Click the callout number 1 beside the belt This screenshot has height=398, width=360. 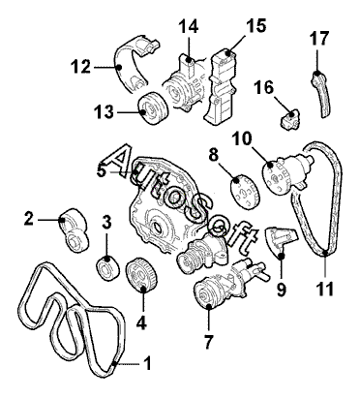coord(147,363)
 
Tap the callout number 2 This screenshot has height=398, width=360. coord(29,219)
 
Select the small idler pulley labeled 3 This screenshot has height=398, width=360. coord(107,268)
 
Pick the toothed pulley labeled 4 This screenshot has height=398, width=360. coord(141,274)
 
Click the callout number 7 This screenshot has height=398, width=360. coord(208,342)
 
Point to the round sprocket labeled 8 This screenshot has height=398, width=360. coord(243,193)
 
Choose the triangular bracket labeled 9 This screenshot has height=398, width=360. coord(280,241)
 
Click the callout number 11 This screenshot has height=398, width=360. coord(325,289)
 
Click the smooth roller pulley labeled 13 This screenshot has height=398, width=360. coord(153,108)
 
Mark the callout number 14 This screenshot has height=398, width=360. coord(189,26)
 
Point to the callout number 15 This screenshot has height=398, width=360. coord(256,26)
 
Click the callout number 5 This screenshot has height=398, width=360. coord(102,170)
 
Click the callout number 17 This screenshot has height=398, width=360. coord(319,39)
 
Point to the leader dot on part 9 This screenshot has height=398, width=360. coord(281,256)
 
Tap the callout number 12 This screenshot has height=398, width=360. coord(81,67)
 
